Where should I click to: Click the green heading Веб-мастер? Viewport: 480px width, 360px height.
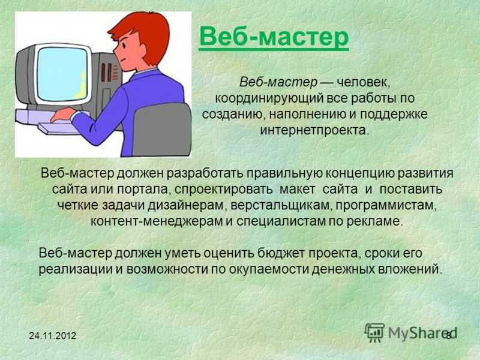click(x=274, y=37)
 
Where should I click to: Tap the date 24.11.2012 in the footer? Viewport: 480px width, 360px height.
click(x=52, y=336)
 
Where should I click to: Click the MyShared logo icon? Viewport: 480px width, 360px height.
click(x=374, y=332)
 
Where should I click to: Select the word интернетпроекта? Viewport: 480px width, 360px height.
click(x=314, y=130)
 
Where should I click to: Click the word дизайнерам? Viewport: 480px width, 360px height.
click(x=187, y=205)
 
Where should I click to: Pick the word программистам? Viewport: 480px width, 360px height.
click(x=386, y=205)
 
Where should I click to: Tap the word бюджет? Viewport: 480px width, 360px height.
click(x=281, y=253)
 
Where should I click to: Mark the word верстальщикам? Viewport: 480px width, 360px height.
click(x=281, y=205)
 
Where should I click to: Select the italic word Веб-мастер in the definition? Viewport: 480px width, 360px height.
click(x=278, y=82)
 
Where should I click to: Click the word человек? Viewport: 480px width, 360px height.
click(x=364, y=83)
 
